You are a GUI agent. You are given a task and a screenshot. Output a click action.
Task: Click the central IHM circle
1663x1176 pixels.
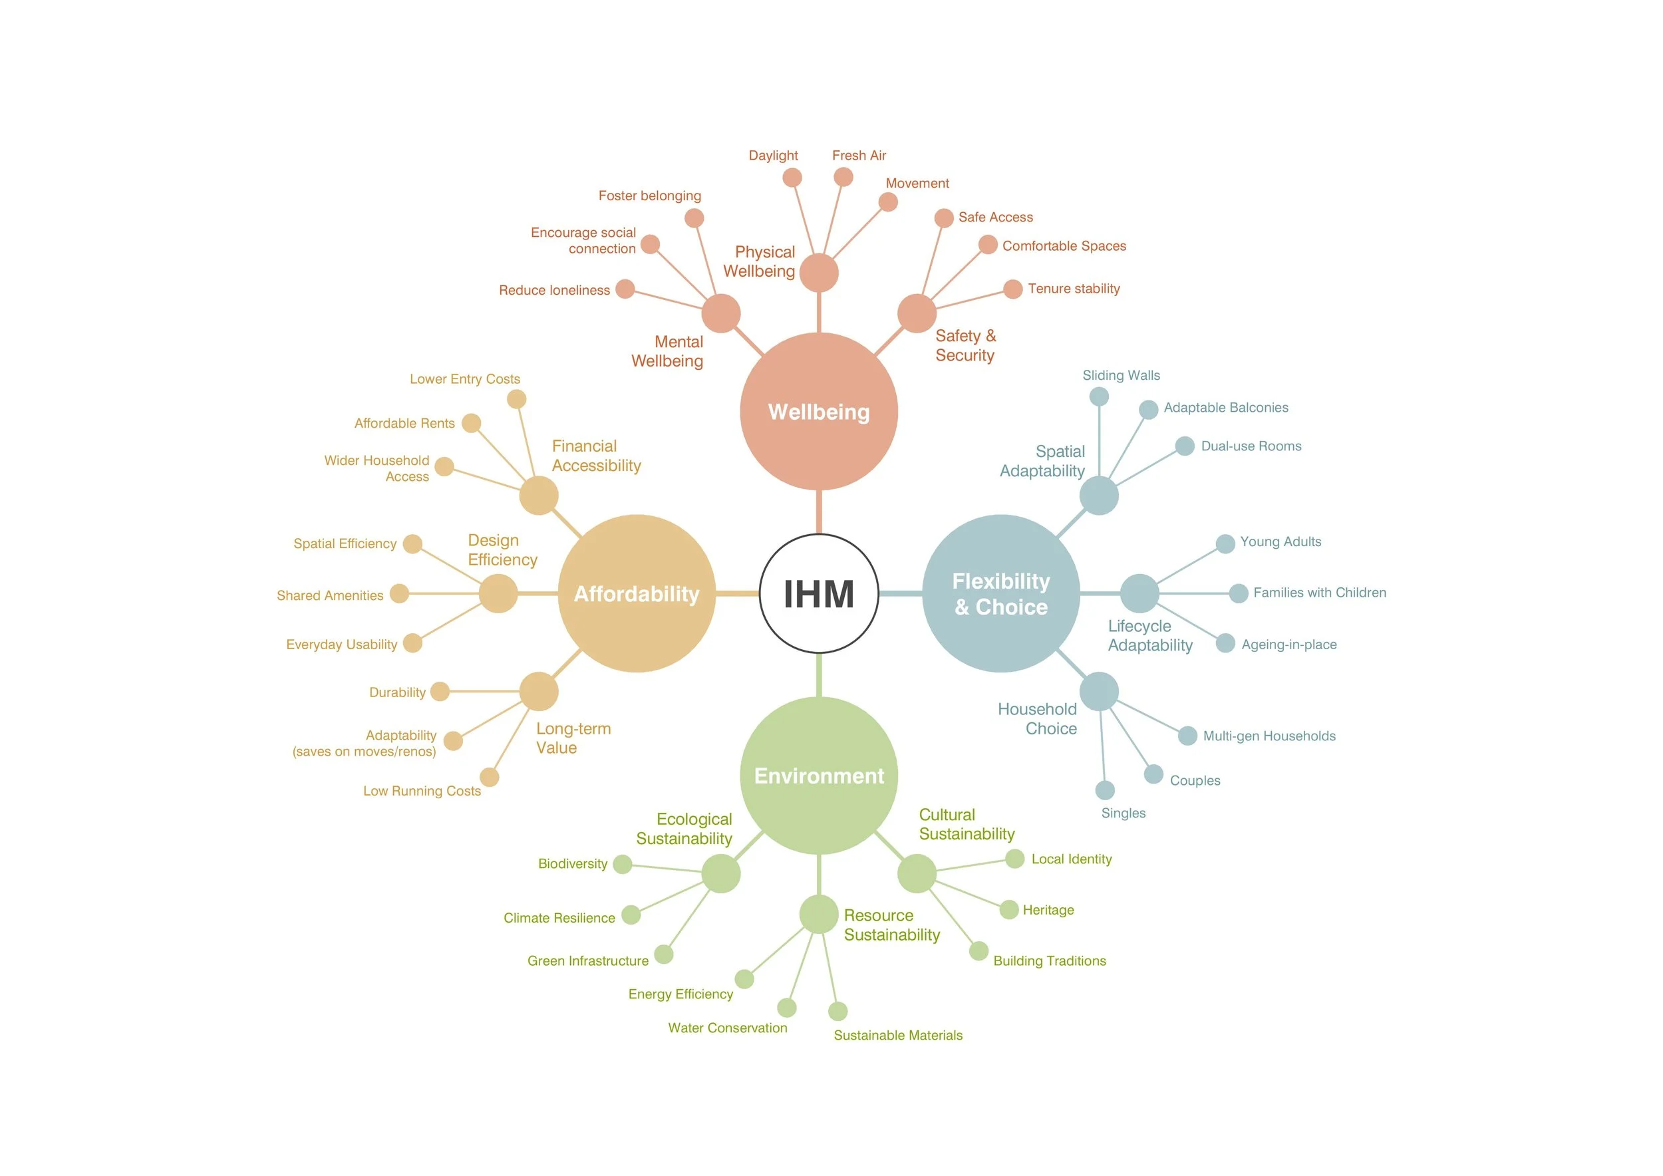tap(818, 594)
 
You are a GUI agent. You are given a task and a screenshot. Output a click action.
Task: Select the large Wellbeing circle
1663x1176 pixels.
tap(818, 411)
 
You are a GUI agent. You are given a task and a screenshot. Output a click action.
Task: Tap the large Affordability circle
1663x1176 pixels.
tap(637, 594)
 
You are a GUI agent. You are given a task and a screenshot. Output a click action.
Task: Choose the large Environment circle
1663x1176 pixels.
tap(818, 776)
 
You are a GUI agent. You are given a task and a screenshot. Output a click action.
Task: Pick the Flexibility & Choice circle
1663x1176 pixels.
tap(1001, 594)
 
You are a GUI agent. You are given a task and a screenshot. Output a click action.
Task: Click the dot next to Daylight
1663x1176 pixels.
tap(792, 178)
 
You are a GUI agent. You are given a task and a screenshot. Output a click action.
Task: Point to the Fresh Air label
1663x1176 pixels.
tap(859, 156)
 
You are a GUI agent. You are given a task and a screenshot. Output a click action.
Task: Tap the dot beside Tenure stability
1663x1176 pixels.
tap(1012, 289)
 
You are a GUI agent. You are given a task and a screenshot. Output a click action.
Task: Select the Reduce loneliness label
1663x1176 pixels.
tap(554, 291)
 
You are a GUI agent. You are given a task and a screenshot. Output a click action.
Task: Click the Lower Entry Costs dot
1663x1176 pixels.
tap(516, 399)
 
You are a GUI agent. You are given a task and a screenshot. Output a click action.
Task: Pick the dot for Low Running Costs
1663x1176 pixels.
tap(490, 777)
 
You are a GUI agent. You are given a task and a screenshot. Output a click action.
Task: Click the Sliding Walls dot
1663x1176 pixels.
tap(1099, 397)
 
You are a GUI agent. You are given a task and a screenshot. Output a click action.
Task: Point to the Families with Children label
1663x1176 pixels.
tap(1320, 593)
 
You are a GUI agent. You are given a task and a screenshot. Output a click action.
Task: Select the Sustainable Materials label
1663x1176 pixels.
tap(898, 1036)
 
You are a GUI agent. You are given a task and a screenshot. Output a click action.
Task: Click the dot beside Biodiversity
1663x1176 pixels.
tap(622, 864)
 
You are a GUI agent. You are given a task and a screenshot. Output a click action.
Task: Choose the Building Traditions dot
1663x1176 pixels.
tap(979, 951)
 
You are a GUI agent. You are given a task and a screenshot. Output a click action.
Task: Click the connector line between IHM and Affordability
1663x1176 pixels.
tap(737, 594)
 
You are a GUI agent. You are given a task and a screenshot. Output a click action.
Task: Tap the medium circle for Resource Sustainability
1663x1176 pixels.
tap(818, 914)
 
